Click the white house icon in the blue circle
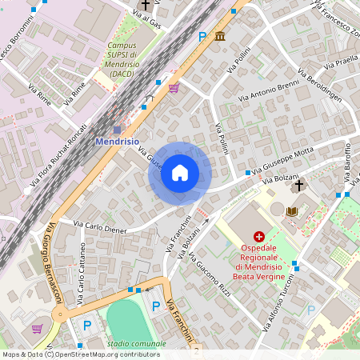point(180,173)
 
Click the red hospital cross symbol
point(258,237)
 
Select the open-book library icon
point(291,211)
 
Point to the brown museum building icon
point(219,36)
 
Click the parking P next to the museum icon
point(202,36)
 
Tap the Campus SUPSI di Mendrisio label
point(122,59)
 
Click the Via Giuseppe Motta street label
point(282,162)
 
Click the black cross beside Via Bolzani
point(299,186)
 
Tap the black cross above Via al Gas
point(145,6)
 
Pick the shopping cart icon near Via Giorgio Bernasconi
point(37,328)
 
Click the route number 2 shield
point(195,351)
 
